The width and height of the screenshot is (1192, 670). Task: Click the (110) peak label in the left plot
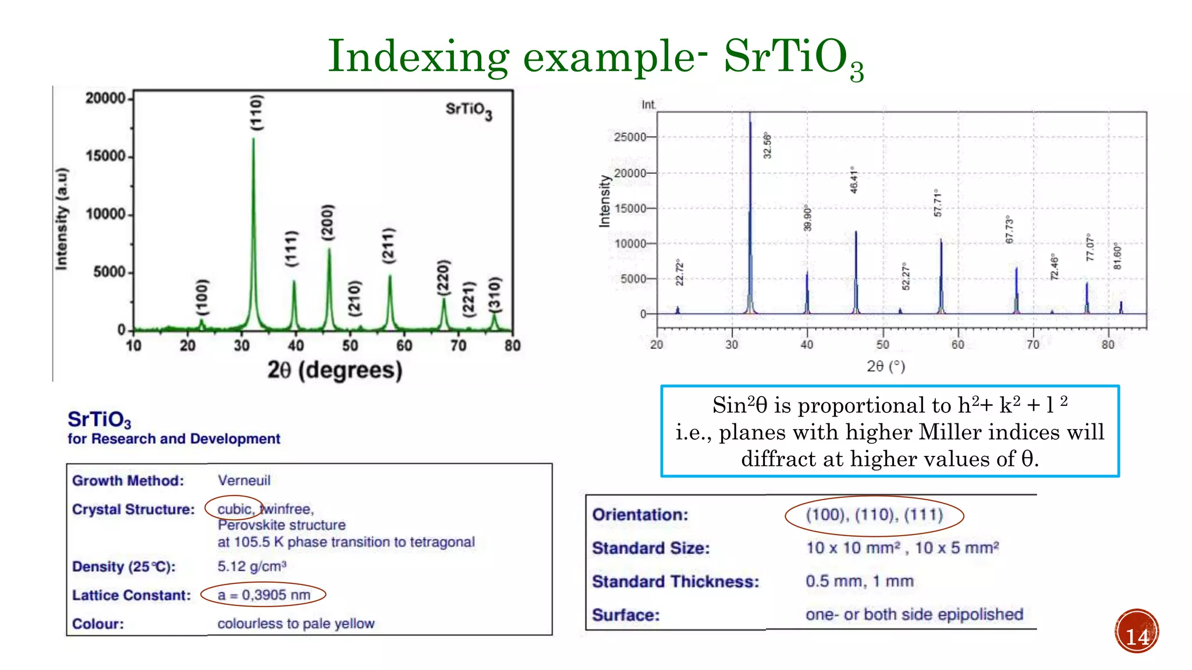click(257, 112)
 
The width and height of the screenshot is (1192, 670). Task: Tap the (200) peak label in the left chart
click(328, 222)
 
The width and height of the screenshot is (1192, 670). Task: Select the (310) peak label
click(494, 294)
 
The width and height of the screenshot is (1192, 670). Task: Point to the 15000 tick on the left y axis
click(105, 156)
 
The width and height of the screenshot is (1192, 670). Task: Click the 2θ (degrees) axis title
click(335, 370)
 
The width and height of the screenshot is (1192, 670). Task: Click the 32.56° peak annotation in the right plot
click(767, 145)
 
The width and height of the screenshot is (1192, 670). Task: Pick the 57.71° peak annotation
click(937, 203)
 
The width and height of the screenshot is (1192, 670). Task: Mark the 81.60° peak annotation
click(1117, 256)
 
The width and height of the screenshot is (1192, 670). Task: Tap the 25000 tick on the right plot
click(630, 137)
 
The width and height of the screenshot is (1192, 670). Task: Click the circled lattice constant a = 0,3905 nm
click(264, 595)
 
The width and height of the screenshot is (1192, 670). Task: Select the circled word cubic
click(234, 509)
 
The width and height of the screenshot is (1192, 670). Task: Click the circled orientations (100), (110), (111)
click(874, 515)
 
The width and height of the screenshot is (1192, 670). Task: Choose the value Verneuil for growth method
click(244, 480)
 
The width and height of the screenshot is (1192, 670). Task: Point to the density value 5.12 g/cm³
click(251, 566)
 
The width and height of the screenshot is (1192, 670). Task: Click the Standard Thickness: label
click(675, 582)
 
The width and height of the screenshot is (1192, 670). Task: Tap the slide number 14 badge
click(1137, 632)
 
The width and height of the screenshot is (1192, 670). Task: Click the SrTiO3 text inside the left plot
click(469, 110)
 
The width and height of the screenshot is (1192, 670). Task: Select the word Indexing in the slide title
click(418, 57)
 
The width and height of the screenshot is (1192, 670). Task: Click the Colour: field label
click(98, 624)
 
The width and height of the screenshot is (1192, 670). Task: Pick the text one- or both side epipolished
click(914, 615)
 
